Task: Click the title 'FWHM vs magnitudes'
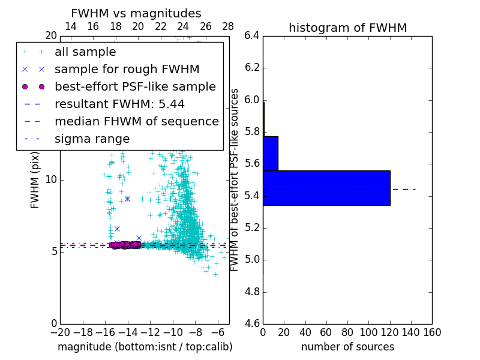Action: [136, 13]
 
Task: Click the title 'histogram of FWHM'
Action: [347, 28]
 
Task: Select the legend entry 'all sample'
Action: [85, 52]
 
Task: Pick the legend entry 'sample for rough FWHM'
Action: [127, 70]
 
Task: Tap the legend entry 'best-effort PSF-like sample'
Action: [135, 87]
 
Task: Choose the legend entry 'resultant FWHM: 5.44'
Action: [119, 104]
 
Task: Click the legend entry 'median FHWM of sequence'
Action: [136, 122]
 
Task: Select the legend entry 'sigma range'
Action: [92, 139]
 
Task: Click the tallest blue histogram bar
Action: [326, 188]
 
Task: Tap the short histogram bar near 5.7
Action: [270, 153]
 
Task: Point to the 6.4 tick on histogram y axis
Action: [252, 35]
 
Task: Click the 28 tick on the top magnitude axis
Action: [228, 26]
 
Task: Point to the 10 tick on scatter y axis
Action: [51, 179]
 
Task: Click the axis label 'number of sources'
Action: [347, 347]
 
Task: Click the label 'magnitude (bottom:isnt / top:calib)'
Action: [145, 347]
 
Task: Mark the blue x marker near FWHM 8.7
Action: [127, 199]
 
